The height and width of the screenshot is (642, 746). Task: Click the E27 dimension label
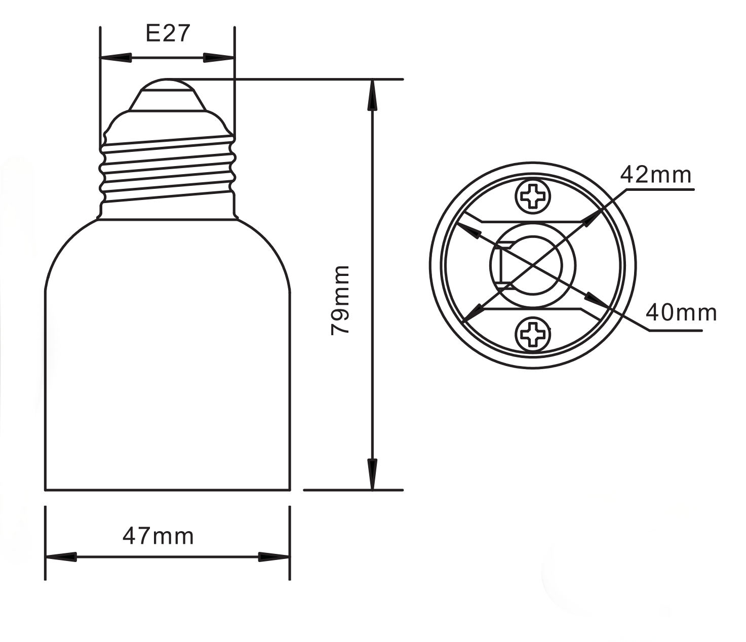click(x=168, y=34)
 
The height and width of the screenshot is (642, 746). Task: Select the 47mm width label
click(x=158, y=536)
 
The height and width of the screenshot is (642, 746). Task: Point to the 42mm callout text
click(x=656, y=175)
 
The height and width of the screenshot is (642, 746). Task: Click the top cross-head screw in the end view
click(x=533, y=196)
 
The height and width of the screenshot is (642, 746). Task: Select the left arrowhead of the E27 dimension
click(x=115, y=58)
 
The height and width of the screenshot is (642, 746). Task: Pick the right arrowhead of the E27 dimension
click(x=219, y=58)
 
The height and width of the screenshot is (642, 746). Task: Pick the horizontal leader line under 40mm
click(x=676, y=331)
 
